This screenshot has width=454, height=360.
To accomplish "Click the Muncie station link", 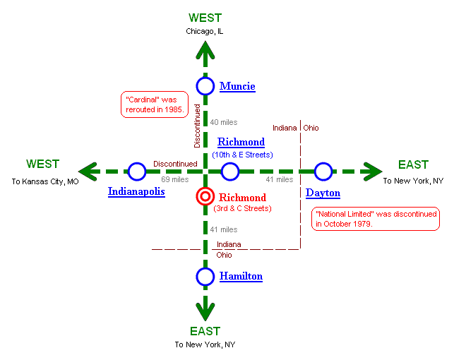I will pos(237,86).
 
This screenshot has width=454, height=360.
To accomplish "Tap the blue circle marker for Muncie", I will pos(205,86).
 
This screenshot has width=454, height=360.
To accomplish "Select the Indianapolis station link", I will pos(136,191).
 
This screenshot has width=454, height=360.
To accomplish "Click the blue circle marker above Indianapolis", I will pos(137,171).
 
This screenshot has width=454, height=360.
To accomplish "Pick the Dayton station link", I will pos(323,193).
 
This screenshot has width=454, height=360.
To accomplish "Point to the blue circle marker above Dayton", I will pos(323,171).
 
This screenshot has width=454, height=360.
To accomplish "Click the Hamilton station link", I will pos(241,277).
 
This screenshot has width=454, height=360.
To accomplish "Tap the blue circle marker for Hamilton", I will pos(205,277).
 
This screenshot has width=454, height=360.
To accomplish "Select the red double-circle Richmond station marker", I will pos(205,198).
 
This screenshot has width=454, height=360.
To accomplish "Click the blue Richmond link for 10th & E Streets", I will pos(241,143).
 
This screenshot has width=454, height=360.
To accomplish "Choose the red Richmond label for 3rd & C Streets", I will pos(242,198).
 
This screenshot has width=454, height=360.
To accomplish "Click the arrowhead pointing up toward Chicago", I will pos(205,50).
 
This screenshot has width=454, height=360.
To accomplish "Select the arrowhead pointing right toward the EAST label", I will pos(371,171).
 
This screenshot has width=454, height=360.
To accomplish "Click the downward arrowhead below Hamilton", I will pos(205,309).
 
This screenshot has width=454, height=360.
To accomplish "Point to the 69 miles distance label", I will pos(174,180).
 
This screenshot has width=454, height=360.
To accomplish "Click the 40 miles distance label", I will pos(224,123).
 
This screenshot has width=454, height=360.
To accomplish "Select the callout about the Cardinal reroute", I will pos(153,104).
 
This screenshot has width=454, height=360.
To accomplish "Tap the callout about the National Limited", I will pos(376,219).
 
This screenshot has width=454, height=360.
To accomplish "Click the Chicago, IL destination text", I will pos(205,31).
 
